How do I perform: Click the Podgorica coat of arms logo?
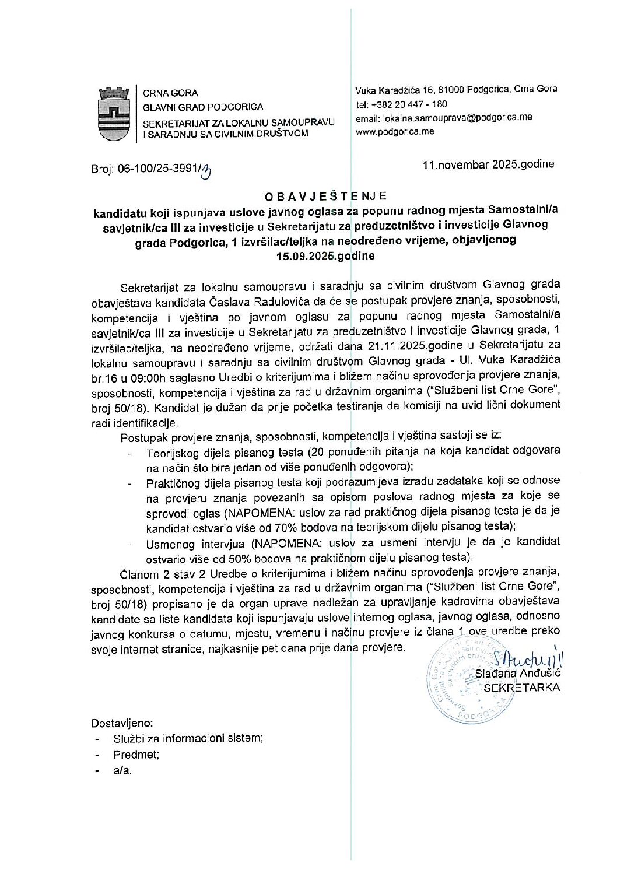coord(113,114)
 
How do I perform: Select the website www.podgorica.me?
coord(395,132)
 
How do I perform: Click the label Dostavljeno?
coord(122,723)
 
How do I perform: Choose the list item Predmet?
coord(136,755)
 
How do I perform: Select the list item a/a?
coord(122,770)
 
